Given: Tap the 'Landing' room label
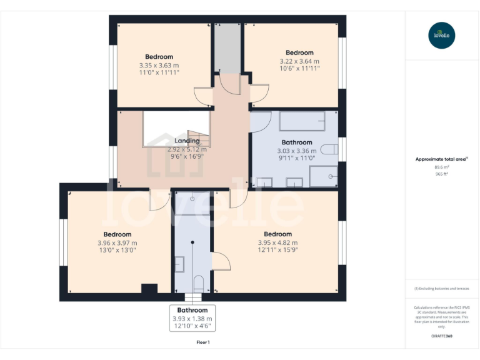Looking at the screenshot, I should pyautogui.click(x=187, y=141).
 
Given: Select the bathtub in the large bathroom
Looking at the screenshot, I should pyautogui.click(x=302, y=120).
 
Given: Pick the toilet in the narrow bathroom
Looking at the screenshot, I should pyautogui.click(x=197, y=282).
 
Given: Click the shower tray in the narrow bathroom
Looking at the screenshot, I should pyautogui.click(x=192, y=203).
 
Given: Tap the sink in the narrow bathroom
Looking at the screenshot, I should pyautogui.click(x=179, y=265).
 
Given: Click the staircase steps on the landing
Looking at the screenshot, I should pyautogui.click(x=198, y=137).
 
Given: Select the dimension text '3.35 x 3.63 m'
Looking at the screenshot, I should pyautogui.click(x=159, y=65).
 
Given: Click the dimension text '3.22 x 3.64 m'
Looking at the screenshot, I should pyautogui.click(x=299, y=61).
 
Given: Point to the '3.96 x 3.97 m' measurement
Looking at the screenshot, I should pyautogui.click(x=117, y=242).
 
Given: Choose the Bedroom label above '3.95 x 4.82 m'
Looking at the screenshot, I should pyautogui.click(x=277, y=234).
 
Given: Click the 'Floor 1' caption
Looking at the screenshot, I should pyautogui.click(x=203, y=342).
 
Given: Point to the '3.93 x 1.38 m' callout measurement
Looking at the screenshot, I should pyautogui.click(x=192, y=319).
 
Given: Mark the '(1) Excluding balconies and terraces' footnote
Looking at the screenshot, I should pyautogui.click(x=442, y=289).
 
